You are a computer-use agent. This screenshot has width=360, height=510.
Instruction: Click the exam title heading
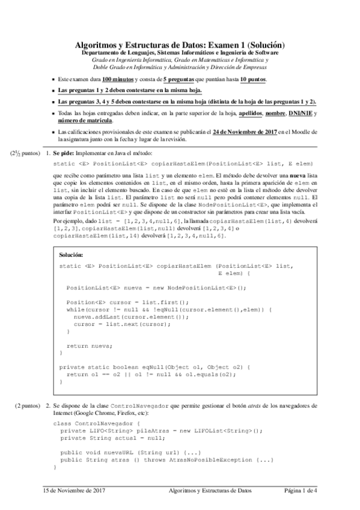179,46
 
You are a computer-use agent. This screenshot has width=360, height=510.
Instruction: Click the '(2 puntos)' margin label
28,406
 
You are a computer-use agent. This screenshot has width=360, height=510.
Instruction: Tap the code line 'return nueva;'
89,346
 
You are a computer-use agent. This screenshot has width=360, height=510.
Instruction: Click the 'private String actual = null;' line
118,438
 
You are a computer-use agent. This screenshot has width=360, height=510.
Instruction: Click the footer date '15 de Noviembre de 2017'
74,491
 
